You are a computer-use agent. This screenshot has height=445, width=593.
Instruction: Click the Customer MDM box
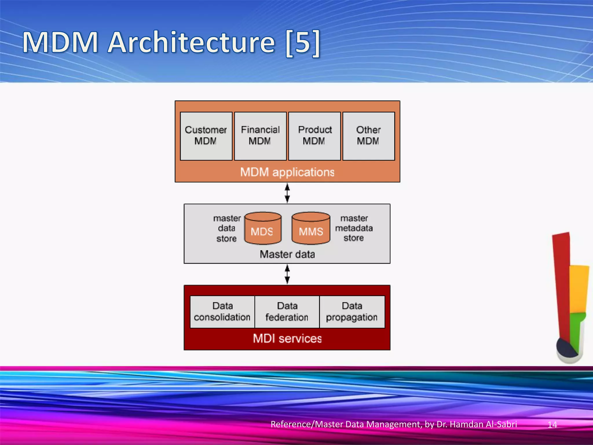(x=206, y=136)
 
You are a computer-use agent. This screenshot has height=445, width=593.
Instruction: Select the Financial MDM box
(x=260, y=136)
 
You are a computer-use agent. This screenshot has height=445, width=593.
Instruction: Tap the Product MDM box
(x=314, y=136)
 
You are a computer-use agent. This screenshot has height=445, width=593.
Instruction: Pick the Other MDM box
(x=368, y=136)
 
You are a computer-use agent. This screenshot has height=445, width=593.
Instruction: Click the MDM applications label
(x=287, y=172)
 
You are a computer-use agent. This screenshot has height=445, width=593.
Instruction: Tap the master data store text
(x=227, y=228)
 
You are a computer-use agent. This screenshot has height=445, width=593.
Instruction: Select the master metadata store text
(x=354, y=228)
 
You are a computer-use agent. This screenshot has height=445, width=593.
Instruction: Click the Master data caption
(x=287, y=254)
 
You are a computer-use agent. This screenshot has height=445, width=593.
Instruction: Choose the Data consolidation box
(x=222, y=312)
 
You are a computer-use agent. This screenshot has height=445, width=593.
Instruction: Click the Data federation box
(x=287, y=312)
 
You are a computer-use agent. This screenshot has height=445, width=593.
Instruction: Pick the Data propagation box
(x=352, y=312)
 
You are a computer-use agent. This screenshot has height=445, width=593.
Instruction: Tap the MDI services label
(x=287, y=338)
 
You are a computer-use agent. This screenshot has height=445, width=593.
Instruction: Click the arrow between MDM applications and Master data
(x=287, y=193)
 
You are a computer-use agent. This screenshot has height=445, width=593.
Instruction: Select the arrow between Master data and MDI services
(x=287, y=274)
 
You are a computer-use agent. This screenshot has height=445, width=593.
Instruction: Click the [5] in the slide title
(x=303, y=43)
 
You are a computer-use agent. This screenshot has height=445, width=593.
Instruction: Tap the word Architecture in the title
(x=191, y=43)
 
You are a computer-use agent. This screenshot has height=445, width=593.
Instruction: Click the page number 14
(x=552, y=425)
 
